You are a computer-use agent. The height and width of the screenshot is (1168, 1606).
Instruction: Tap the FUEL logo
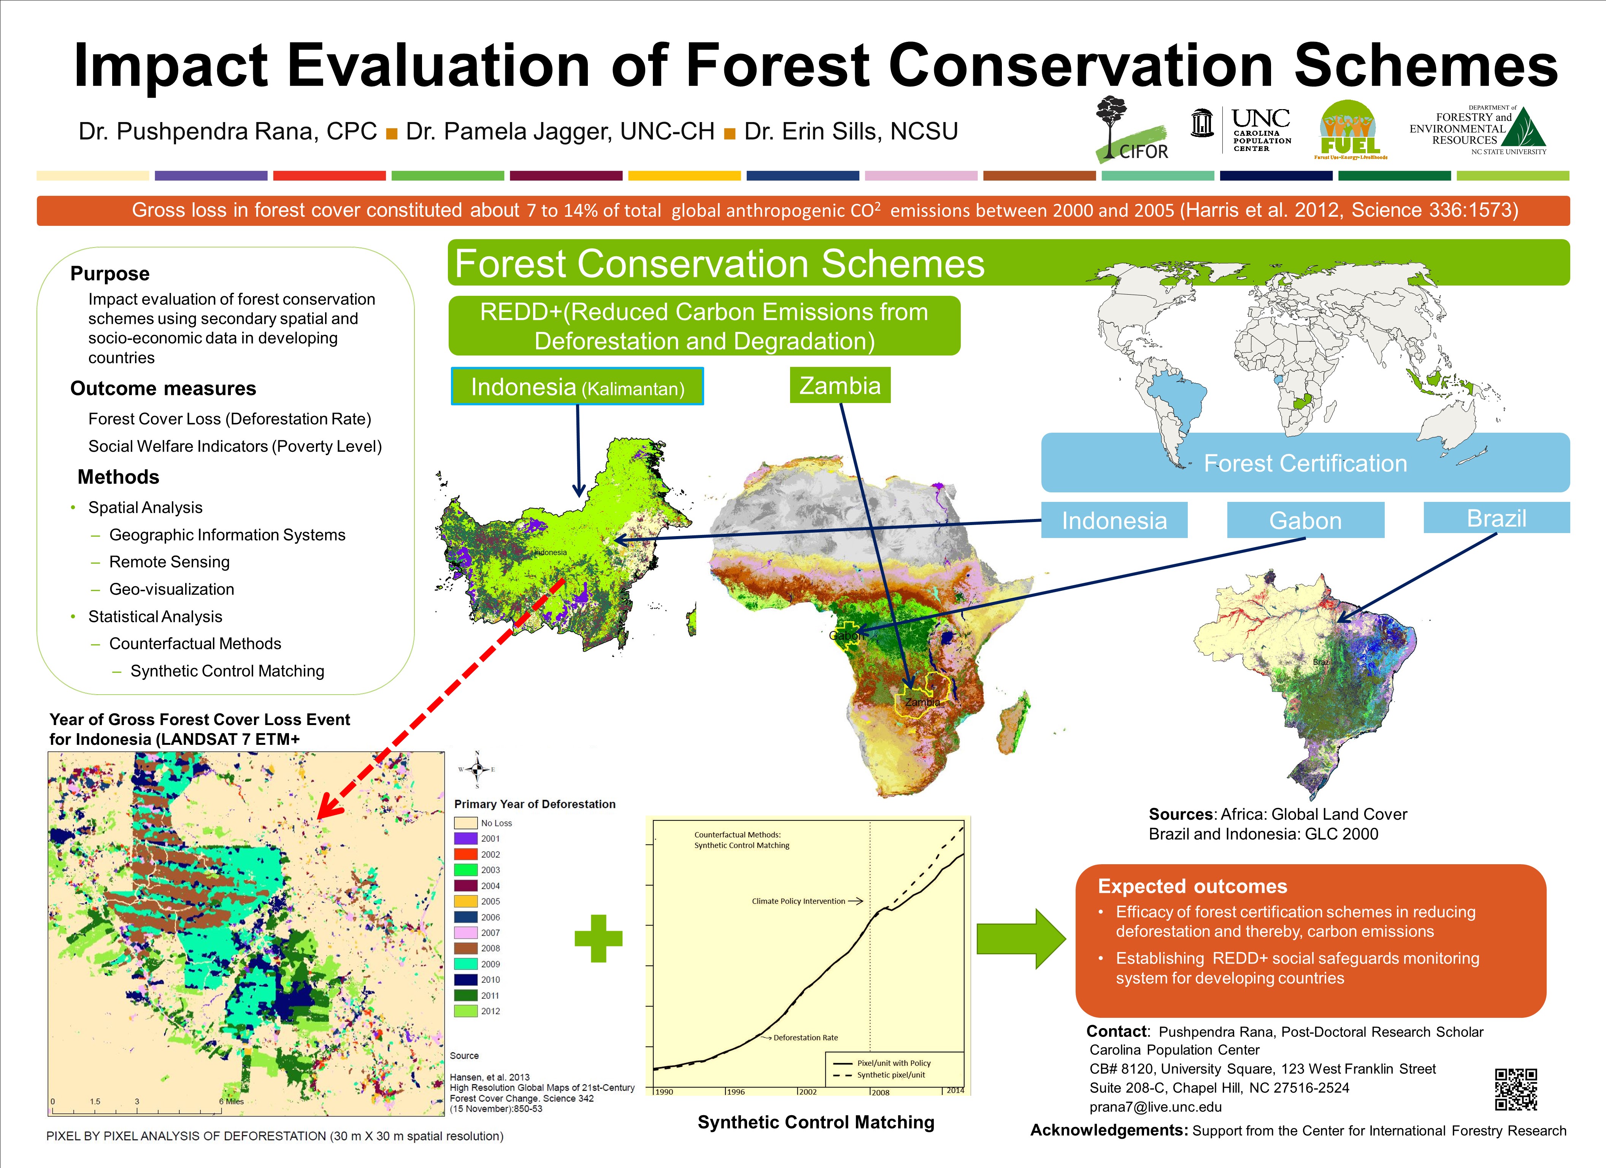click(x=1350, y=130)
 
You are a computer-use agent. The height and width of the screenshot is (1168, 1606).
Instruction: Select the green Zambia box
click(x=840, y=385)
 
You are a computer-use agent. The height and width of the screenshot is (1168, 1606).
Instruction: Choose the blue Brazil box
click(x=1496, y=518)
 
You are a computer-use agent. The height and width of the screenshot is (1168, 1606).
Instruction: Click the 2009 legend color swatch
click(x=465, y=964)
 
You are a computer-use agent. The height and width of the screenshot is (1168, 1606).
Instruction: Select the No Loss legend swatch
click(x=465, y=823)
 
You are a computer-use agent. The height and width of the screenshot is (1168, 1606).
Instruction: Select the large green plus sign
click(x=598, y=938)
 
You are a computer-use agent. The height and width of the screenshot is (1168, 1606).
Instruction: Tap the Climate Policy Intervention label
click(x=798, y=901)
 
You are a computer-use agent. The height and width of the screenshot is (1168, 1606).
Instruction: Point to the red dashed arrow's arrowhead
click(x=327, y=808)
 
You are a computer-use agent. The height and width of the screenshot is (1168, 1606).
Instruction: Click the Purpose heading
click(x=110, y=273)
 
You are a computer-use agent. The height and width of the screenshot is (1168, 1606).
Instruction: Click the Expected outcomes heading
click(x=1192, y=886)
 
